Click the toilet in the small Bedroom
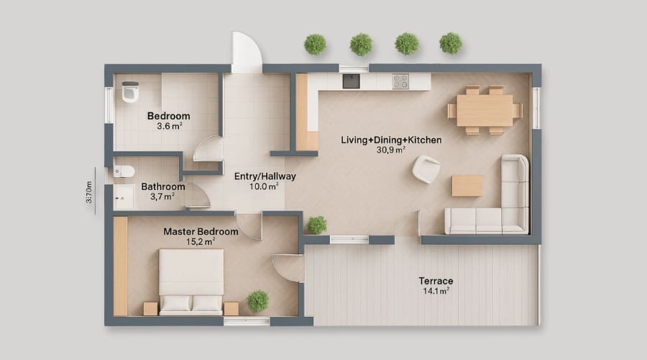point(130,91)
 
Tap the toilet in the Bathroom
point(124,171)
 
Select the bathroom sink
point(124,195)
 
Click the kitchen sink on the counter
point(351,81)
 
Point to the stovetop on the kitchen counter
point(400,81)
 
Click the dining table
point(485,110)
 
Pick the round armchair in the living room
point(426,170)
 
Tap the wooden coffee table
point(467,186)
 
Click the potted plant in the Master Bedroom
point(257,300)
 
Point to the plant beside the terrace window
point(316,225)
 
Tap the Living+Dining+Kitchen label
point(391,140)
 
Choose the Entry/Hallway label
point(265,176)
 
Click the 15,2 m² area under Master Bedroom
point(200,242)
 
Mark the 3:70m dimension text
point(89,192)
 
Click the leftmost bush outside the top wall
point(315,44)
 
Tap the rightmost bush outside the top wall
point(451,43)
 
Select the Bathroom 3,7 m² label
point(162,191)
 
